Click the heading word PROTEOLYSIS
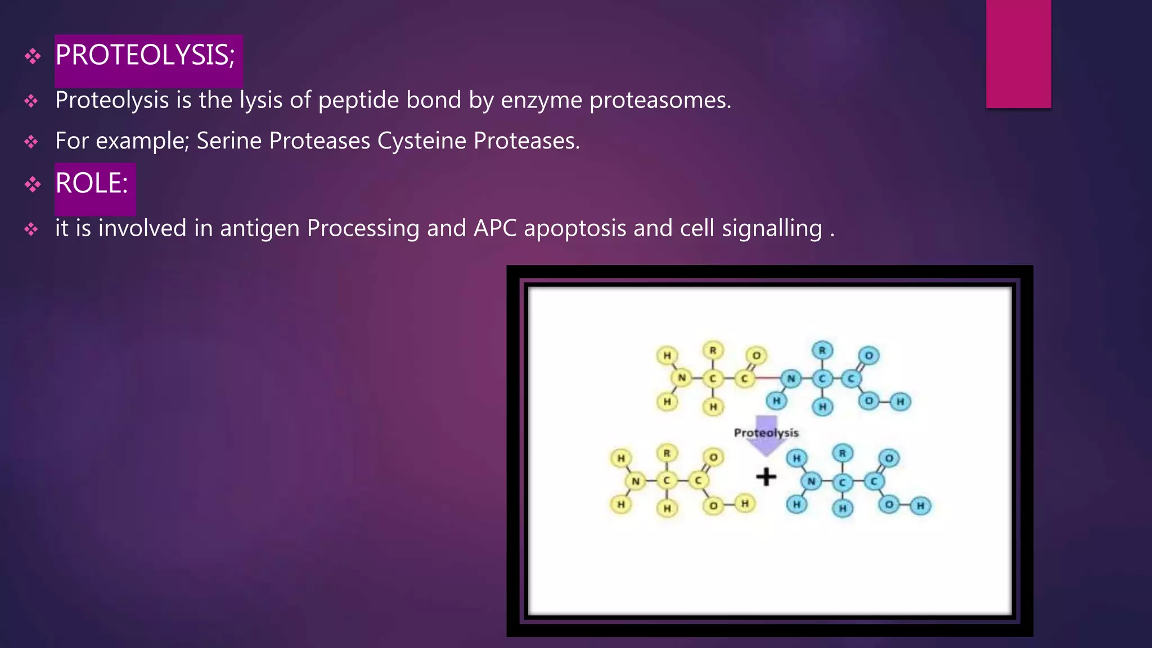tap(145, 56)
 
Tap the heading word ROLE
tap(91, 183)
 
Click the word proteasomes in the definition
tap(660, 101)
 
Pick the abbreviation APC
tap(495, 228)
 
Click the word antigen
tap(259, 229)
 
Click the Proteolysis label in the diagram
tap(766, 433)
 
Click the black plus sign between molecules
tap(766, 477)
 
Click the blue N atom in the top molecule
tap(791, 378)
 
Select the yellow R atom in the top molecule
tap(713, 350)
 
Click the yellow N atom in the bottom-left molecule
tap(636, 481)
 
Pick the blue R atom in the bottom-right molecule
tap(842, 453)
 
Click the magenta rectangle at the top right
tap(1018, 53)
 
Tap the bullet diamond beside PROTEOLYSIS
tap(33, 56)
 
